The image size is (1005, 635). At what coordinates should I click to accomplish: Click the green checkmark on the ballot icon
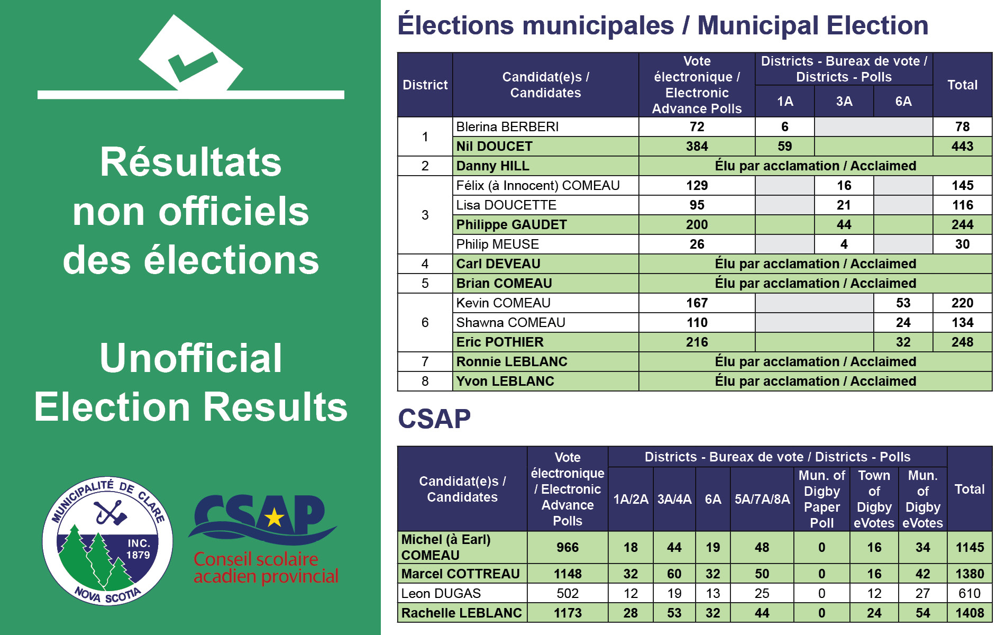[x=191, y=66]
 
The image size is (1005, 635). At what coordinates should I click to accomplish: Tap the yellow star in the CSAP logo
[x=275, y=518]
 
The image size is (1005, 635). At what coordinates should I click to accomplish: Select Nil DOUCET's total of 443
[x=962, y=147]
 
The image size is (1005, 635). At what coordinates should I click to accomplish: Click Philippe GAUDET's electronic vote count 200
[x=697, y=225]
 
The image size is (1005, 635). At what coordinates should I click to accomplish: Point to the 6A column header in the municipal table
[x=903, y=101]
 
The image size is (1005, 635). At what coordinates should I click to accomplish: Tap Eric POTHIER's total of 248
[x=962, y=342]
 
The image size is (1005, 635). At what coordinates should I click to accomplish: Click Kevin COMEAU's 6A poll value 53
[x=903, y=303]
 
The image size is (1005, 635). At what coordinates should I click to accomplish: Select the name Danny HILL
[x=492, y=166]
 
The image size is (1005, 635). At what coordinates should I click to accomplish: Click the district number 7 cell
[x=425, y=362]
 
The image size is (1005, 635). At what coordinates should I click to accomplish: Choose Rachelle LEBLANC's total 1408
[x=970, y=613]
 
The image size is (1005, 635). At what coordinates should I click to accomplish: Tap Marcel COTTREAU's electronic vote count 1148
[x=568, y=574]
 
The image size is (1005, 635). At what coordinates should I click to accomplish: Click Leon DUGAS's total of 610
[x=970, y=594]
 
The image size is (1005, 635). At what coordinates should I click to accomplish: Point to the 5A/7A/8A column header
[x=762, y=499]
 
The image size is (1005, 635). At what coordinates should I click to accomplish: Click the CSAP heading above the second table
[x=434, y=419]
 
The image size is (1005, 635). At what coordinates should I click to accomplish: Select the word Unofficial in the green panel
[x=190, y=358]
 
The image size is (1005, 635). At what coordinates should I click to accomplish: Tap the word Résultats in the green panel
[x=190, y=162]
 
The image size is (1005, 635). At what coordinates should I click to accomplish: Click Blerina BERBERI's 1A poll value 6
[x=784, y=127]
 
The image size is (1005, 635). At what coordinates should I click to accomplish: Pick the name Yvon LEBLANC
[x=505, y=382]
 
